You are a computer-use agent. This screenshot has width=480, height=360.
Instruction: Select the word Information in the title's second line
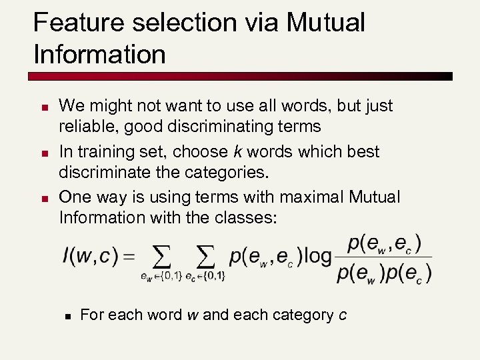tap(99, 55)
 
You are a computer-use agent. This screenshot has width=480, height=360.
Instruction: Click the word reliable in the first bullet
tap(82, 127)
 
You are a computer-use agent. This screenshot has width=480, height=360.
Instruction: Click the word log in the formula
tap(318, 256)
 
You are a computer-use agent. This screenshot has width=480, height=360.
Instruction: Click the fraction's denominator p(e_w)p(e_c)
tap(385, 272)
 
